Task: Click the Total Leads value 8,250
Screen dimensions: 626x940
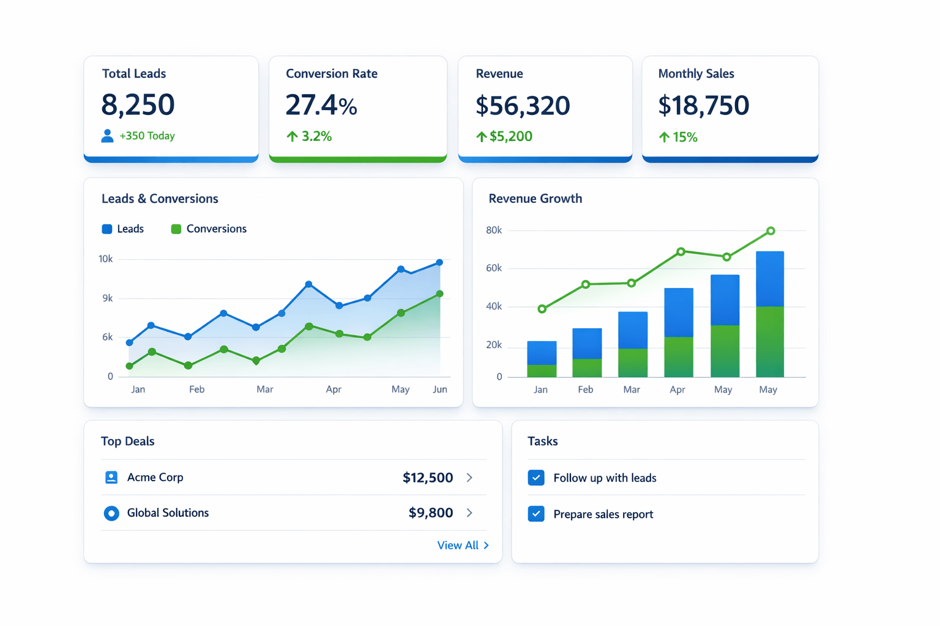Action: [138, 105]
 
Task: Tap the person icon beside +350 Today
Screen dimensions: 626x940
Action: [107, 136]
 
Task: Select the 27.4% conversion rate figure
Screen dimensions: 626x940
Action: [321, 105]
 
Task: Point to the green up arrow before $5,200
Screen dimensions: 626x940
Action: [482, 137]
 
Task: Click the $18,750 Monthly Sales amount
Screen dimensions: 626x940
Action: [703, 105]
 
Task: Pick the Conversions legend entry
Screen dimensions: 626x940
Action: [209, 229]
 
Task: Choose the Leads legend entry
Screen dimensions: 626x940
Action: [123, 229]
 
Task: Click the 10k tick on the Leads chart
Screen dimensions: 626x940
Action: [105, 259]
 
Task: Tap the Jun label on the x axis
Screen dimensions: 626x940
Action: [440, 389]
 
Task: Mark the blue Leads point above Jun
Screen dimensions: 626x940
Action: [439, 262]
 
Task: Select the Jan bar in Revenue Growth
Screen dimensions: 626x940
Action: [542, 359]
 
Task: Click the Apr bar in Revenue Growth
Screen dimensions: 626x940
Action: [679, 333]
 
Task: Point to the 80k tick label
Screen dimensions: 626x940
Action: [494, 230]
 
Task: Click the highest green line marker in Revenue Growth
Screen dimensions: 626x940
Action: [771, 231]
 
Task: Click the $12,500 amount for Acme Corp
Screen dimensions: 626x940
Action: [428, 477]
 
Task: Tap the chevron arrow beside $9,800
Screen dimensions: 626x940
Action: [469, 513]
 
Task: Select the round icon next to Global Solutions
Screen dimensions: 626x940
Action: [111, 514]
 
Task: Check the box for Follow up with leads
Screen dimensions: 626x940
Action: [536, 477]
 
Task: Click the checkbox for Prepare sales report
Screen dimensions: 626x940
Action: [536, 514]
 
